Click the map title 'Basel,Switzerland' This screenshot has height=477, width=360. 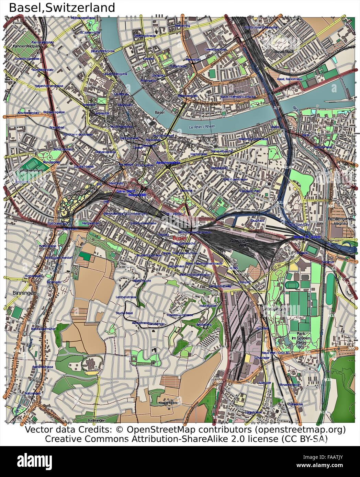coord(62,7)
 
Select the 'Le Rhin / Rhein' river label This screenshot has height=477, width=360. coord(202,126)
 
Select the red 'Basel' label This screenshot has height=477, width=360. coord(179,238)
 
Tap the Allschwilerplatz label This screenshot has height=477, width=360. coord(28,113)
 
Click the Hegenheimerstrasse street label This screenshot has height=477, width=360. coord(49,86)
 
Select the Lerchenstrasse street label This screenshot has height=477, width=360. coord(126,297)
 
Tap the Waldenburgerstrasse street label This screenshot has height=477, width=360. coord(253,139)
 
